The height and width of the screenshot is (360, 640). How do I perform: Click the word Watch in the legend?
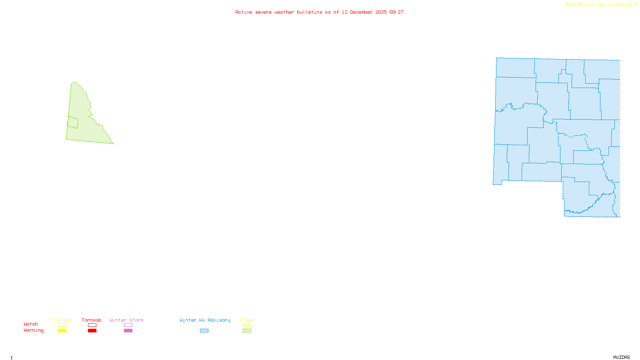[x=31, y=324]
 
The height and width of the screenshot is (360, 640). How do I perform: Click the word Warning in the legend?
[x=33, y=330]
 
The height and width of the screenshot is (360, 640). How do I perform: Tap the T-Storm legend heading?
[x=62, y=320]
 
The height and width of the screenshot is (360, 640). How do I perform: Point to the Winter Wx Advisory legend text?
[x=205, y=320]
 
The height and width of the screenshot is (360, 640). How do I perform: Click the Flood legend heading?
[x=247, y=320]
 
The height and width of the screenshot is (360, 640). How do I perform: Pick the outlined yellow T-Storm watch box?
[x=62, y=325]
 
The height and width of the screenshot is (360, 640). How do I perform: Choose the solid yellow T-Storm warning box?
[x=62, y=331]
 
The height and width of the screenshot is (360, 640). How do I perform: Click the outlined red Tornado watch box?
[x=92, y=325]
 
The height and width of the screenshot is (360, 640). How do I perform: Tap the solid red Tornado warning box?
[x=92, y=331]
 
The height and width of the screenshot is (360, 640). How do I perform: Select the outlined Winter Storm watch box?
[x=128, y=325]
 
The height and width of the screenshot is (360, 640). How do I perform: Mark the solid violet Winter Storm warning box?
[x=128, y=331]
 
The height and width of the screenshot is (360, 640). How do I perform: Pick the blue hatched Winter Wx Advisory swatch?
[x=204, y=331]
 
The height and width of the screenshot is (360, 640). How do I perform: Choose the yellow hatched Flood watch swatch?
[x=247, y=325]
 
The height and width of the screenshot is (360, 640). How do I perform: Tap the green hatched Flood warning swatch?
[x=247, y=331]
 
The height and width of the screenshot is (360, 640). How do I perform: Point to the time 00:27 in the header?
[x=396, y=12]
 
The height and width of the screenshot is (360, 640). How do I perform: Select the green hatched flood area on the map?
[x=86, y=124]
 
